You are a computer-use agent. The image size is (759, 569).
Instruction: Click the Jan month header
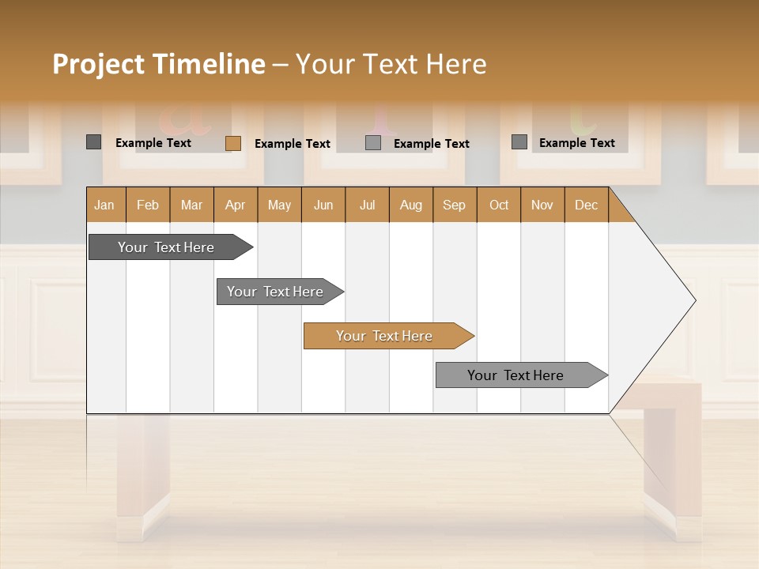[104, 205]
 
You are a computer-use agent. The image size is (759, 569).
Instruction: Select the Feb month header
[148, 205]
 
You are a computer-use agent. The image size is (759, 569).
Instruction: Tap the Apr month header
[236, 205]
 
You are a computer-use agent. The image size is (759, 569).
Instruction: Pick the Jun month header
[323, 205]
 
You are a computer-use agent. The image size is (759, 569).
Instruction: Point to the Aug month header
[411, 205]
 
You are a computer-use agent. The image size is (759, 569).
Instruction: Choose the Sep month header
[454, 205]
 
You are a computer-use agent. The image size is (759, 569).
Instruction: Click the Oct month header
[499, 205]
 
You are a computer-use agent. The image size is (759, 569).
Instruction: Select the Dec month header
[586, 205]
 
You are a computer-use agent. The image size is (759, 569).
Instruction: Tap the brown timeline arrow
[386, 336]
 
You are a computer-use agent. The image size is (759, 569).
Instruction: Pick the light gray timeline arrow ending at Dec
[518, 375]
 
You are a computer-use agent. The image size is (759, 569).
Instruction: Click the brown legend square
[233, 143]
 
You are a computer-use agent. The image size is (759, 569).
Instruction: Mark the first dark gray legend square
[94, 142]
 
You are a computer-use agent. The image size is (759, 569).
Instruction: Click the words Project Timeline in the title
[158, 64]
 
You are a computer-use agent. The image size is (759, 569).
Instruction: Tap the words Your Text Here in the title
[391, 64]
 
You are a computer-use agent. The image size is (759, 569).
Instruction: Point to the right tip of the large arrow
[693, 300]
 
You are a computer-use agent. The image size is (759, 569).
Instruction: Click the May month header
[279, 205]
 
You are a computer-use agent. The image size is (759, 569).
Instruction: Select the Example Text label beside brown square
[293, 143]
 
